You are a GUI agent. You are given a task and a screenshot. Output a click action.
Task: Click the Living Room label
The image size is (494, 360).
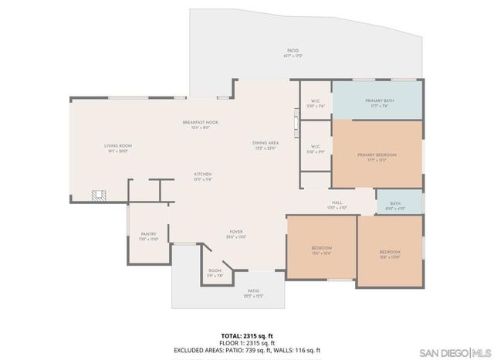tap(119, 148)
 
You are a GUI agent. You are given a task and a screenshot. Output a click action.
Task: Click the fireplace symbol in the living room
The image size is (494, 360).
tap(97, 196)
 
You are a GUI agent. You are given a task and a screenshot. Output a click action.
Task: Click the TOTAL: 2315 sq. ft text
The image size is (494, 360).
tap(245, 335)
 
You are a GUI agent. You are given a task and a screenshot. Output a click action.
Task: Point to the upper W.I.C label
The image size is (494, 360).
tap(315, 103)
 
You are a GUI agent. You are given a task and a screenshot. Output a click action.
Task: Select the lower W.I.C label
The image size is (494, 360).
tap(315, 148)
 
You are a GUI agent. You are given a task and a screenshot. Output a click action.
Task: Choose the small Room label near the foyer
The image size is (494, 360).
tap(215, 273)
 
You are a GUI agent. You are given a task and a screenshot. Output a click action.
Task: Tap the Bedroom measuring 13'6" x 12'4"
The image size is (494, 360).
tap(321, 249)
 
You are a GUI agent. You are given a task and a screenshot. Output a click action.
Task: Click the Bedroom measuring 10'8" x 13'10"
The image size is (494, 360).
tap(390, 254)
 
